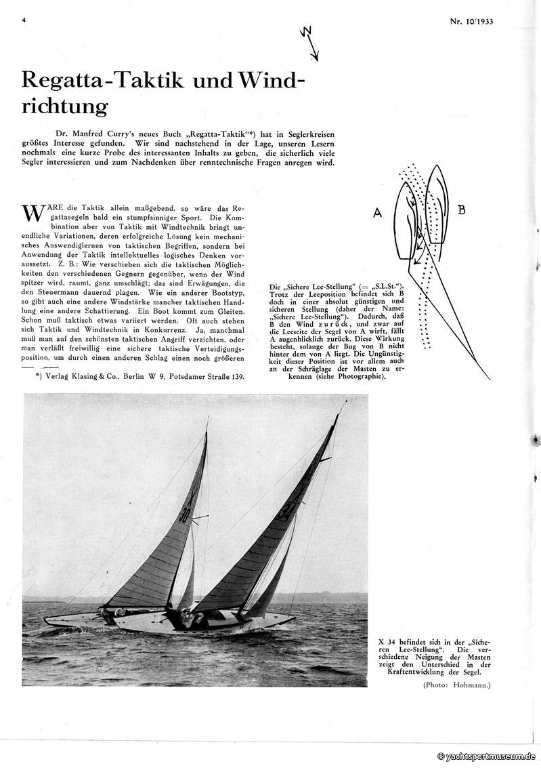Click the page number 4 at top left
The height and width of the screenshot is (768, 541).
coord(24,20)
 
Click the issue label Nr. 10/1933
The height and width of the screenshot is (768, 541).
coord(471,21)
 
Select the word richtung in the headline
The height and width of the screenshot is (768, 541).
coord(65,106)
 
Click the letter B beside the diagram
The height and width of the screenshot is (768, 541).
coord(461,210)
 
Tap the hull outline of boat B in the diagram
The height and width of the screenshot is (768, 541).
coord(437,203)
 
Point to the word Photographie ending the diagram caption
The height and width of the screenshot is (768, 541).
coord(359,376)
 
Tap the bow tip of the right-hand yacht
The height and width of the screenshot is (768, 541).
coord(295,618)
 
